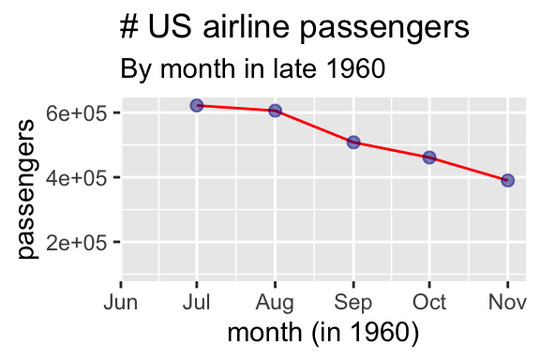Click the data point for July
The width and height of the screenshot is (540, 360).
point(197,105)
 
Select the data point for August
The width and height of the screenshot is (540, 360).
point(275,111)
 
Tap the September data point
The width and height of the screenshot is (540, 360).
point(353,142)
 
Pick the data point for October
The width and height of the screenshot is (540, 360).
point(429,157)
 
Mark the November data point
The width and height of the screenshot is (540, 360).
point(507,180)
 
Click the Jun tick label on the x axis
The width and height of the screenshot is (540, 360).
point(121,303)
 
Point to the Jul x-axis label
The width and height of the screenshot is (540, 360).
point(197,303)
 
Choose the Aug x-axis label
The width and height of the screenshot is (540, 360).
point(275,303)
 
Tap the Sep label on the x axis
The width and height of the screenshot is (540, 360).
point(353,303)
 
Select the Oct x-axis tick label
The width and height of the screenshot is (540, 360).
point(429,303)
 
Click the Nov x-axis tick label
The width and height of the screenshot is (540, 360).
point(507,303)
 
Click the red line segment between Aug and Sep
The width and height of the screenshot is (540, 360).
point(314,127)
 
